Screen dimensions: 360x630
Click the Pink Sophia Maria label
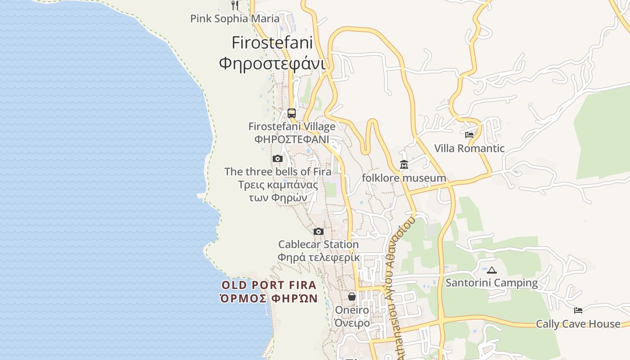234,18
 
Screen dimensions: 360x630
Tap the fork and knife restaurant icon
234,5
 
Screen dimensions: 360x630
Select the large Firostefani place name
272,42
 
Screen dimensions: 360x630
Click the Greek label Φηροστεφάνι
272,63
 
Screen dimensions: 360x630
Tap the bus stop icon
292,113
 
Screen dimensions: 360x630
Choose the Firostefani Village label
292,126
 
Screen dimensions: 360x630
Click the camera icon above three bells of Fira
278,158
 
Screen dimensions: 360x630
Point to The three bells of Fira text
278,171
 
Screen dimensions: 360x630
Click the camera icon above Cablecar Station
319,231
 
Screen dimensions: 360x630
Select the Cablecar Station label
318,244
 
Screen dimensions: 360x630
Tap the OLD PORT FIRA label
269,285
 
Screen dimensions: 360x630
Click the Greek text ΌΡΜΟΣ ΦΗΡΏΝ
269,298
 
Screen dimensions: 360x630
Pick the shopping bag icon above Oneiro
352,297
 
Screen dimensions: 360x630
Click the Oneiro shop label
352,310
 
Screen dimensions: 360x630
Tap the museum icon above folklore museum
404,165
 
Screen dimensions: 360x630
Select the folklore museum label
404,178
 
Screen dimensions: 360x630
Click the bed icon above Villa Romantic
469,135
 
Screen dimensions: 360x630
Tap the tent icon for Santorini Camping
492,270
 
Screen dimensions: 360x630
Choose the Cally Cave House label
578,324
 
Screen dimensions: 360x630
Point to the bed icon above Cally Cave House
578,310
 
